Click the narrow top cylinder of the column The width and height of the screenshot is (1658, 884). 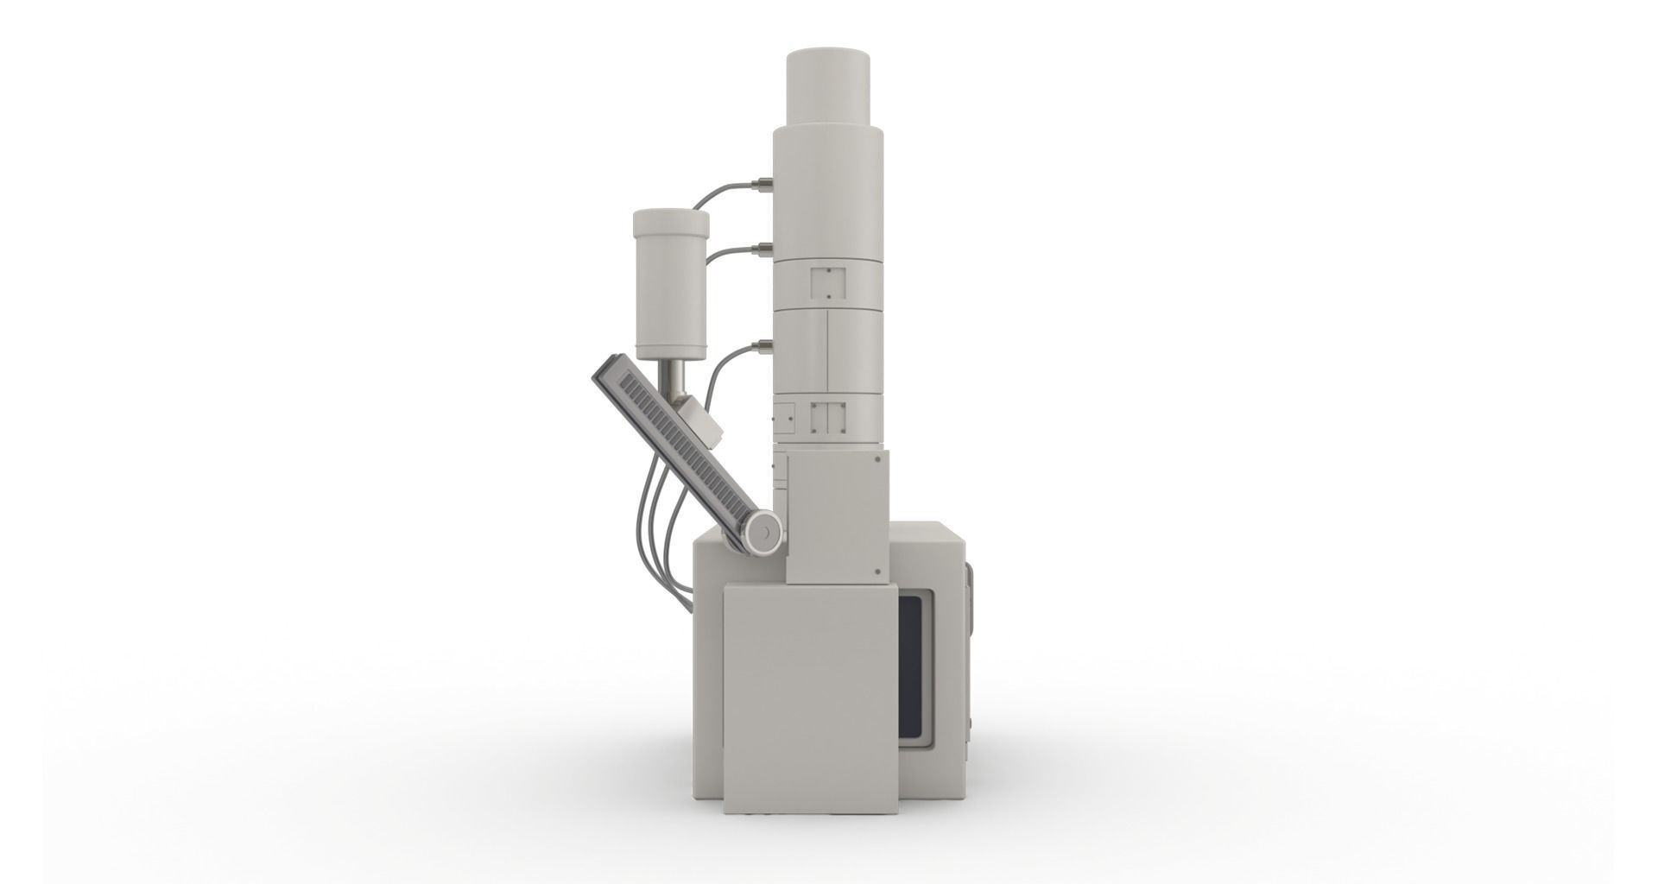coord(826,86)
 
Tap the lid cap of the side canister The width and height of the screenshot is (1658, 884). coord(671,224)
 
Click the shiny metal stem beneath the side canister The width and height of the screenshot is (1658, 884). coord(674,378)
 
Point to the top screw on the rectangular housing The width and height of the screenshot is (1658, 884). coord(878,460)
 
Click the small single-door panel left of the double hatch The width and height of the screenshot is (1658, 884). coord(785,417)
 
